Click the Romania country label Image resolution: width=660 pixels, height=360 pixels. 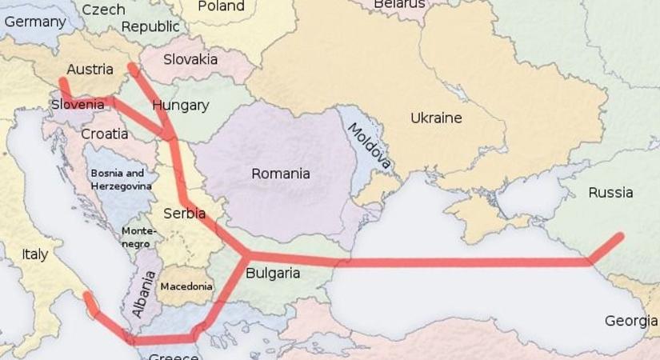coord(281,174)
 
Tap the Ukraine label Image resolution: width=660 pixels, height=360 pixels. coord(436,118)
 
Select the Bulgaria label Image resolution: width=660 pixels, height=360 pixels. coord(273,274)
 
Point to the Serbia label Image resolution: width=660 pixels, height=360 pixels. coord(184,214)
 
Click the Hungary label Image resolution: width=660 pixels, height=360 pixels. coord(180,105)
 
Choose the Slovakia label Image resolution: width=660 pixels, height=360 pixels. coord(190,59)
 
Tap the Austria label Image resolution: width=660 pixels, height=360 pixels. coord(90,69)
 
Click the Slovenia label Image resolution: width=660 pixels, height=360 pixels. coord(78,104)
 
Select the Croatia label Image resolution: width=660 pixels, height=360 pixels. coord(104,134)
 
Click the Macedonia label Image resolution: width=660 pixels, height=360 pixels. coord(186,286)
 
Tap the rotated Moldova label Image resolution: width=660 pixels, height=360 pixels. coord(369,147)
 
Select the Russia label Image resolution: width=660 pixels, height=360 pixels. coord(610,193)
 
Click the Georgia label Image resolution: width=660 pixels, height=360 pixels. coord(630,321)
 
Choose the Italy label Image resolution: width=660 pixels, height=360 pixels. coord(34,254)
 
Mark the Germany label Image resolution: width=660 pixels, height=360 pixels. coord(34,22)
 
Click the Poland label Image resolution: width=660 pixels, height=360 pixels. coord(221,6)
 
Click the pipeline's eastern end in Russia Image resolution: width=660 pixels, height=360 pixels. coord(618,237)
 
